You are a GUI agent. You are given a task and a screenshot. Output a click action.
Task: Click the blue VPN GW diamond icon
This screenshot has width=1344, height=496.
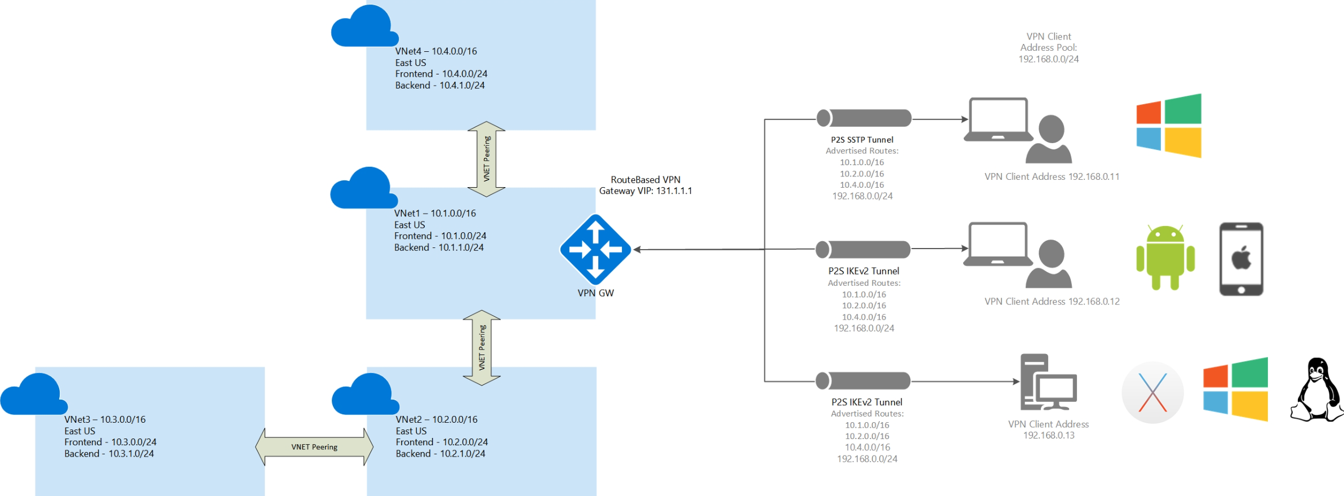[595, 249]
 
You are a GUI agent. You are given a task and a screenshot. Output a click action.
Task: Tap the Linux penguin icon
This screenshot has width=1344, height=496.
[1317, 390]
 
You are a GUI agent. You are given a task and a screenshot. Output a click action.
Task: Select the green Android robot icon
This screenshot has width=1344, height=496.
[1165, 258]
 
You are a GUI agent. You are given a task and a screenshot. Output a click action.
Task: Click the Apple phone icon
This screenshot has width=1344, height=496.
[1241, 259]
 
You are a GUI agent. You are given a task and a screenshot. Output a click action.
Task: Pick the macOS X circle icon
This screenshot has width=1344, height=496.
[1152, 392]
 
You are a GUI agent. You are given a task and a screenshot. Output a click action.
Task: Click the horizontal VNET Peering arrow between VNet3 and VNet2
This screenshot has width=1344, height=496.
[314, 447]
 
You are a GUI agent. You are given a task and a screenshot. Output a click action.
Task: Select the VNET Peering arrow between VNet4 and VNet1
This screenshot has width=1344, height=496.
[486, 159]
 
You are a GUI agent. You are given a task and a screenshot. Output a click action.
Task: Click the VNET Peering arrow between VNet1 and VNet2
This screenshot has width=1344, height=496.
[482, 348]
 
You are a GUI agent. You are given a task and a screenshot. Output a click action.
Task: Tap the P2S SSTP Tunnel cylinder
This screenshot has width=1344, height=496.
[864, 118]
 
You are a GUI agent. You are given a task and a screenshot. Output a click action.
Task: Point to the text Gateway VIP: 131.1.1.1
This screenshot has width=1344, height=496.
[646, 191]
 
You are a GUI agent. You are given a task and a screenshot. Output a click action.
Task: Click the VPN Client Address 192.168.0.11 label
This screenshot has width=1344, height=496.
[1052, 176]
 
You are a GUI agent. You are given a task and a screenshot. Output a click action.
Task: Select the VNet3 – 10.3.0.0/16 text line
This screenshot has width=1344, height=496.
[105, 419]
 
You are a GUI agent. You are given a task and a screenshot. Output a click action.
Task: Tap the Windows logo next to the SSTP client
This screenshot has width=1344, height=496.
[1169, 126]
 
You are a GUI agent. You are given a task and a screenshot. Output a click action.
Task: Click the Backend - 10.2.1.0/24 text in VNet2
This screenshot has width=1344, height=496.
[440, 454]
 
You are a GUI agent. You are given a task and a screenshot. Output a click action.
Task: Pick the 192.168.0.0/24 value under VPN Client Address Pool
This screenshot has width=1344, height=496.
[1048, 59]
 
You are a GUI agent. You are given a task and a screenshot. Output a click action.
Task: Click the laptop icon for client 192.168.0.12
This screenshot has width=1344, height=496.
[998, 245]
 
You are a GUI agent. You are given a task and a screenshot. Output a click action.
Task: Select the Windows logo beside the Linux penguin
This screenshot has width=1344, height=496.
[1235, 389]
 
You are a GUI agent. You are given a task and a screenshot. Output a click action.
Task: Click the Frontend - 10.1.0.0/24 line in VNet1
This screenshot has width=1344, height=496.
[440, 236]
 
